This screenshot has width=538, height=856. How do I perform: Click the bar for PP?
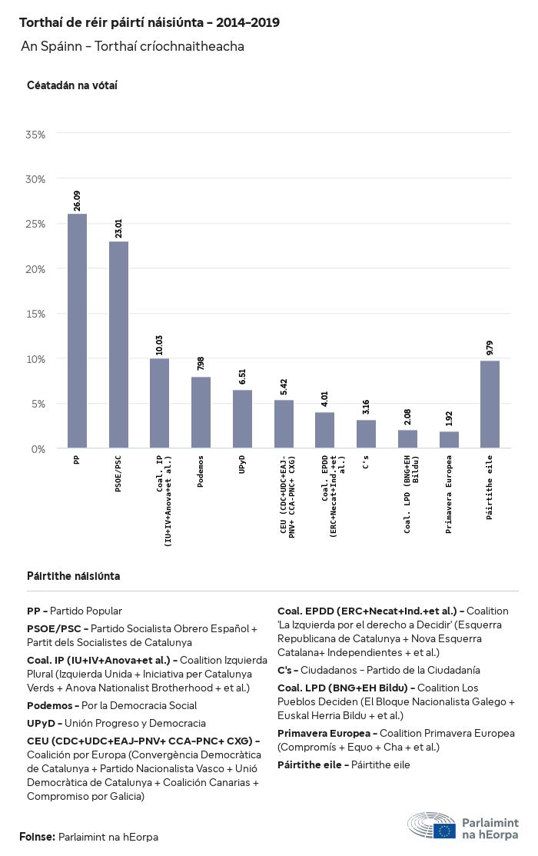tap(77, 331)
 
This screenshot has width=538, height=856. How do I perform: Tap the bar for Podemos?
tap(201, 412)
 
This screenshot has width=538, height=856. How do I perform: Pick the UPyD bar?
tap(242, 419)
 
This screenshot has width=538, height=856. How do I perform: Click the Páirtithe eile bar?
tap(490, 405)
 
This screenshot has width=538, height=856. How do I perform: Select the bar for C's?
tap(366, 434)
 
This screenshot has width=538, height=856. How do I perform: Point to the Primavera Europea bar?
tap(449, 440)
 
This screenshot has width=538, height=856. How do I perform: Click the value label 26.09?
tap(77, 201)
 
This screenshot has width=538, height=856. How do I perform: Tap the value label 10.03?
tap(160, 345)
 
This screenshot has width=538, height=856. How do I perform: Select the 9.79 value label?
tap(490, 348)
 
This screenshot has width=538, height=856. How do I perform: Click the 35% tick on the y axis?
tap(35, 135)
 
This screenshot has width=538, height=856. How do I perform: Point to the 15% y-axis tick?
tap(35, 314)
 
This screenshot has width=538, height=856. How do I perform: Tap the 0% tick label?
tap(38, 448)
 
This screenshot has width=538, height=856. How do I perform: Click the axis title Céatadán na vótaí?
tap(72, 85)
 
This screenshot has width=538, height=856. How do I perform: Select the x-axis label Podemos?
tap(201, 477)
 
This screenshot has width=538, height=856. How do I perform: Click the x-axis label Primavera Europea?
tap(449, 484)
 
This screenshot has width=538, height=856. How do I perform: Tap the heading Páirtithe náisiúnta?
tap(73, 576)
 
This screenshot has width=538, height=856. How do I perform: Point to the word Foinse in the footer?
tap(37, 836)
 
